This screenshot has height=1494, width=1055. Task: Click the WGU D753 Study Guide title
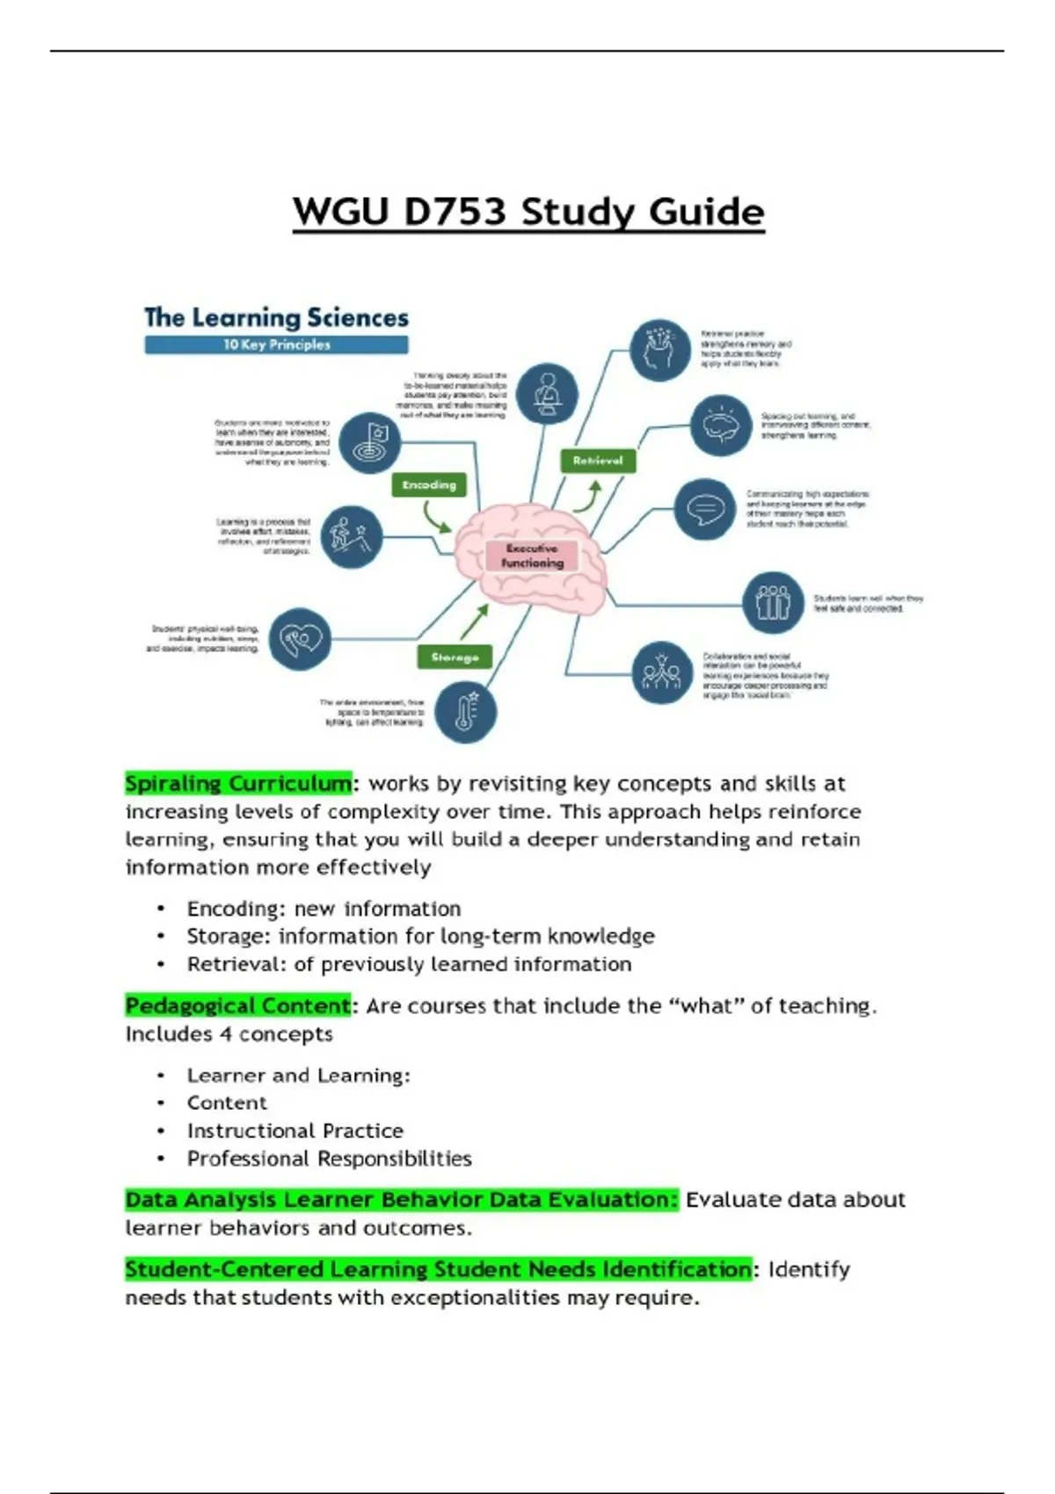528,213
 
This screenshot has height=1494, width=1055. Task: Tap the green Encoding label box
429,485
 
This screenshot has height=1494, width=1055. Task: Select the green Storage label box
455,657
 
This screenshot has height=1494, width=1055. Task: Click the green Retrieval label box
598,461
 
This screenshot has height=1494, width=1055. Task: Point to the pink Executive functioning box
532,555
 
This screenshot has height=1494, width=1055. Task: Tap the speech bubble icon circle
705,509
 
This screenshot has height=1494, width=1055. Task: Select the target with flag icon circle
370,442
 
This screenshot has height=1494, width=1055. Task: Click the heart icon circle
300,639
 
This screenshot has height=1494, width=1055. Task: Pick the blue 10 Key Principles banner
276,345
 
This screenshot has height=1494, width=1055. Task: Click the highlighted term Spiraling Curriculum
238,783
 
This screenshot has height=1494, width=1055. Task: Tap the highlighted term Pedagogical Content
238,1005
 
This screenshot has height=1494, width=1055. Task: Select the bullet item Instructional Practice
295,1131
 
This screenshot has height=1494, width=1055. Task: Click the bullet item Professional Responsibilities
329,1159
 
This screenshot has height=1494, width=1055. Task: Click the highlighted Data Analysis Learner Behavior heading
402,1200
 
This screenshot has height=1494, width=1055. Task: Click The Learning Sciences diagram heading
276,317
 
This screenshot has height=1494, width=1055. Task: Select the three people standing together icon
773,603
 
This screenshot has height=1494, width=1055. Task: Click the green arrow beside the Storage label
474,622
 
